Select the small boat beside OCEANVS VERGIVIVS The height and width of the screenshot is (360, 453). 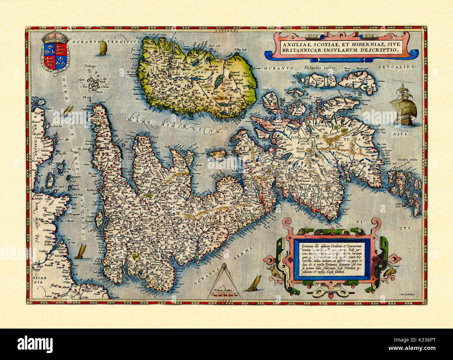point(102,47)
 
